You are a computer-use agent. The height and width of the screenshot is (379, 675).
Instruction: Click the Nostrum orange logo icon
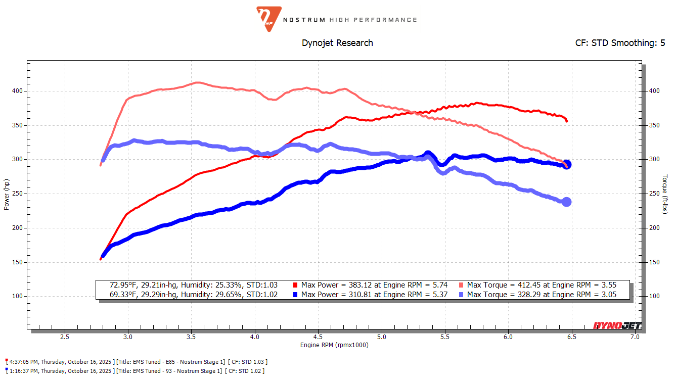pyautogui.click(x=265, y=19)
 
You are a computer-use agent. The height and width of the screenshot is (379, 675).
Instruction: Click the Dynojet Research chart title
pyautogui.click(x=337, y=43)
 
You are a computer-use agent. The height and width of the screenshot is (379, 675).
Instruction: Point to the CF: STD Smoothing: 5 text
pyautogui.click(x=620, y=43)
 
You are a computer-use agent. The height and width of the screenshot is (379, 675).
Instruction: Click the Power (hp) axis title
pyautogui.click(x=7, y=194)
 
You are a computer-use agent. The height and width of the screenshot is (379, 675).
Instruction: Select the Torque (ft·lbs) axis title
pyautogui.click(x=665, y=194)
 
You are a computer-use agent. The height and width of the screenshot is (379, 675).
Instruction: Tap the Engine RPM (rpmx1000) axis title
pyautogui.click(x=334, y=345)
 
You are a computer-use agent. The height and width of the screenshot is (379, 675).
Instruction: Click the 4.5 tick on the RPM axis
pyautogui.click(x=318, y=337)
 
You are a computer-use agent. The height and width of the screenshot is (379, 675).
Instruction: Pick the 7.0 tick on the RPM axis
pyautogui.click(x=635, y=337)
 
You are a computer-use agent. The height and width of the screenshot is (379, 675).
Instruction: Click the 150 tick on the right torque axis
pyautogui.click(x=654, y=262)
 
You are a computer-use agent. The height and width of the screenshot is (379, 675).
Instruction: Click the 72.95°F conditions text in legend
pyautogui.click(x=194, y=285)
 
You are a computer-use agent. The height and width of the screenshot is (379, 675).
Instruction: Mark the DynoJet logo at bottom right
pyautogui.click(x=617, y=326)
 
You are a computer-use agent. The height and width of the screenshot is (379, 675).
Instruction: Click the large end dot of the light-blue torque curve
pyautogui.click(x=567, y=202)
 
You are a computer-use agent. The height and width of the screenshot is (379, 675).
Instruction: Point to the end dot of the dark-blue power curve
pyautogui.click(x=567, y=164)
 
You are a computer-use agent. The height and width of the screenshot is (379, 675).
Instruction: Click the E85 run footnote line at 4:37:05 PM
pyautogui.click(x=137, y=362)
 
